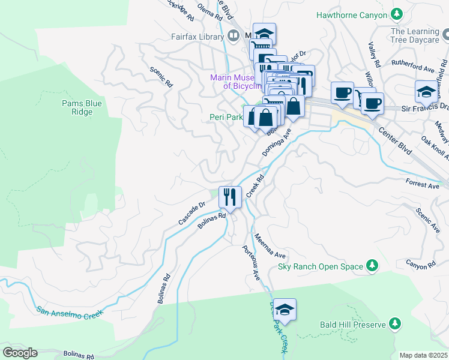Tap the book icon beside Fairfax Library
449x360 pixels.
232,37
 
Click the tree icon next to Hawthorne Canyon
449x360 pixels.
396,13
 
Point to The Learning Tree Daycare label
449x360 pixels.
414,35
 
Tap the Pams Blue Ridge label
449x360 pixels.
82,107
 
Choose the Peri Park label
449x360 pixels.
225,117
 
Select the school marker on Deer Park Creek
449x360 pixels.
285,309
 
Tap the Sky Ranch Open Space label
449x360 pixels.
321,266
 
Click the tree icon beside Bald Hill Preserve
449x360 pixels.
394,325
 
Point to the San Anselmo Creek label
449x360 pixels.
70,311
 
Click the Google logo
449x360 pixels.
20,353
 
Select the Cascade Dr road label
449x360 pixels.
191,213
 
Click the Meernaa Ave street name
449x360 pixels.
270,247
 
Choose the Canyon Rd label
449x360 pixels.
420,264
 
